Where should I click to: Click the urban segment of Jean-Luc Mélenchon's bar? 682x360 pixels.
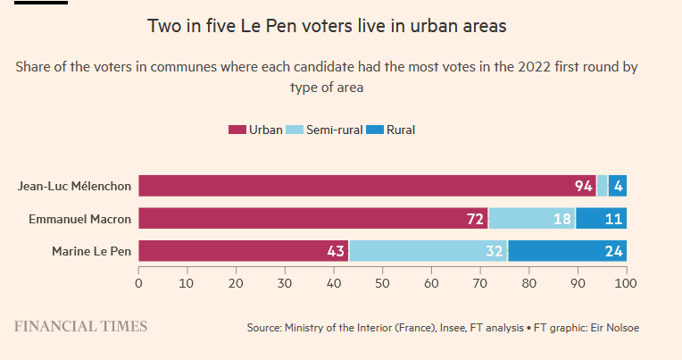tap(357, 186)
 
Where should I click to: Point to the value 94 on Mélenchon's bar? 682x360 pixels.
tap(584, 187)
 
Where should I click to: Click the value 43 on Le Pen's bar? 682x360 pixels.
tap(336, 252)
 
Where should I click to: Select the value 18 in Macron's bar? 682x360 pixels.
tap(562, 220)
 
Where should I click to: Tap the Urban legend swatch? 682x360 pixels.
tap(237, 130)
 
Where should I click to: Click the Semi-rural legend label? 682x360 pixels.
tap(334, 130)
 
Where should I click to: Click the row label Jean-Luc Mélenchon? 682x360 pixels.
tap(74, 187)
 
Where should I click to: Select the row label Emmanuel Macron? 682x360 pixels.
tap(80, 219)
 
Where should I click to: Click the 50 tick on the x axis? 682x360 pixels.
tap(382, 283)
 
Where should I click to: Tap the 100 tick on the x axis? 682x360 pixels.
tap(626, 283)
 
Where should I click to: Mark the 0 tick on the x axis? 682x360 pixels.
tap(138, 283)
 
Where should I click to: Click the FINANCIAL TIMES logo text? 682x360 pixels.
tap(80, 326)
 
